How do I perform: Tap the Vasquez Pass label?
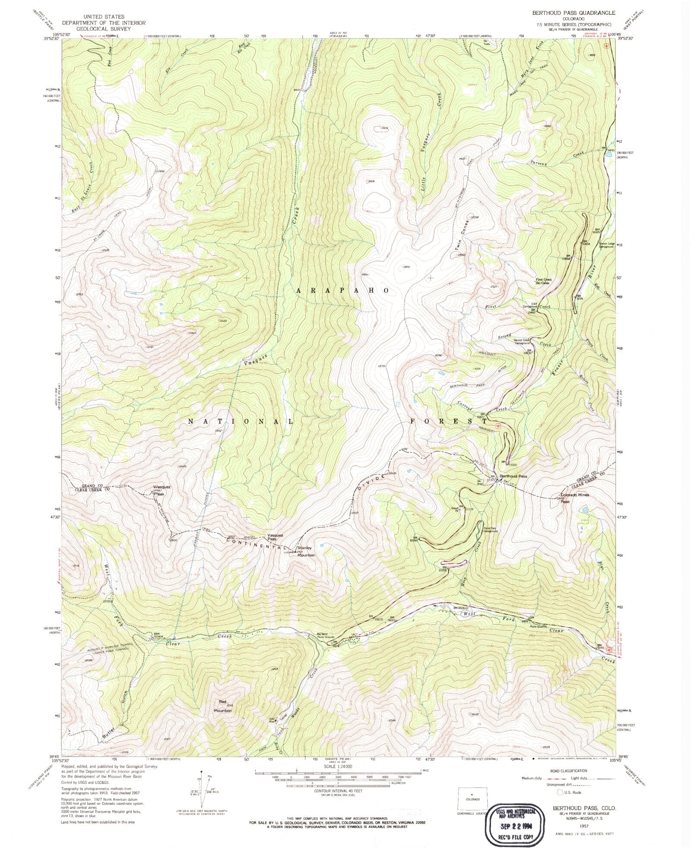coord(275,537)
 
